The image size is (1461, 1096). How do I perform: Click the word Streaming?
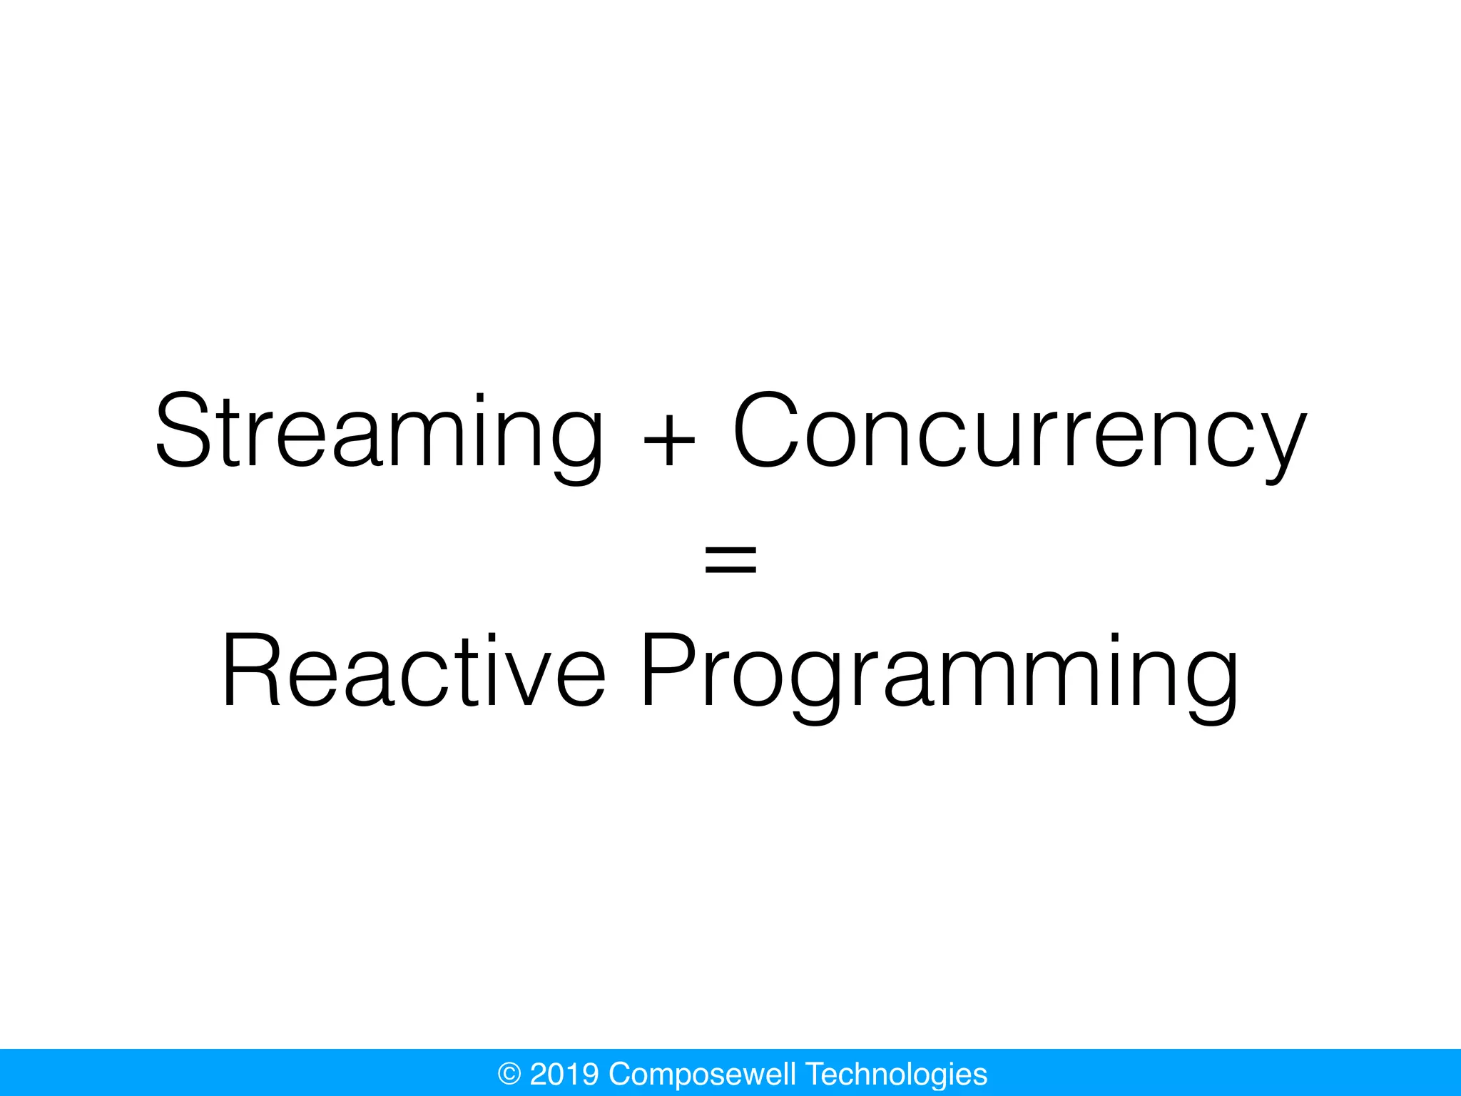378,432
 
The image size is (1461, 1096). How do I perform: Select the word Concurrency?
1020,432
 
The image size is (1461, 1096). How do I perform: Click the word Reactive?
414,671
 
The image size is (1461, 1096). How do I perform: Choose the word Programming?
939,674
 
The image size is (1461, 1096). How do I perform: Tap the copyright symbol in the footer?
509,1074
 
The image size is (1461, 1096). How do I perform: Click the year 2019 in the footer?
564,1074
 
